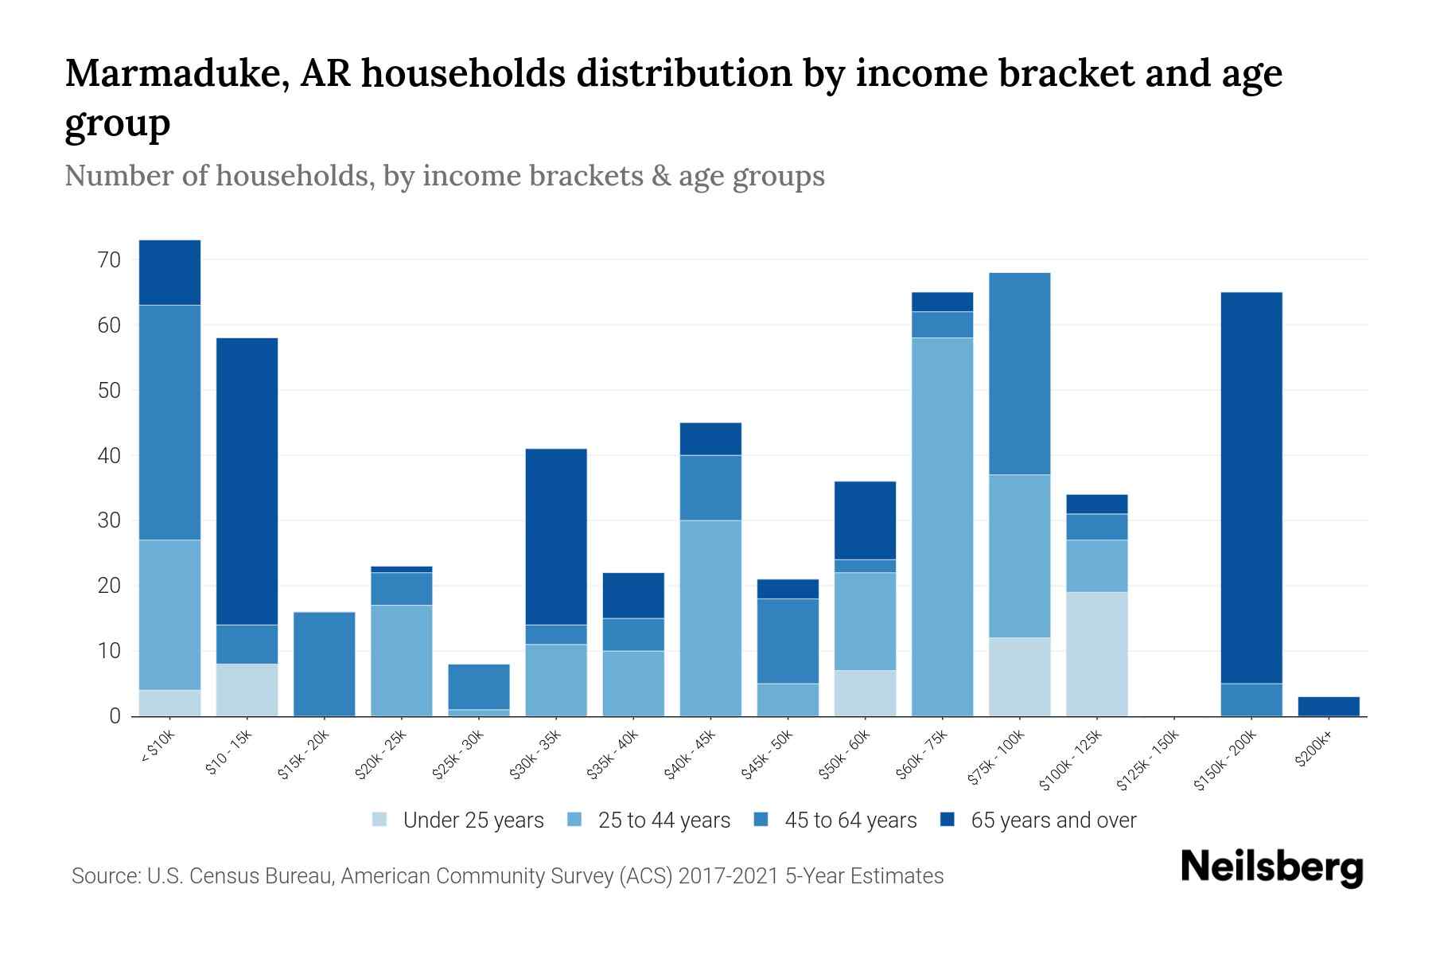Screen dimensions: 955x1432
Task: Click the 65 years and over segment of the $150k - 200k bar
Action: (x=1251, y=487)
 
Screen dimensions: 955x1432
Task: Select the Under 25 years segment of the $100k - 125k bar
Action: (x=1097, y=653)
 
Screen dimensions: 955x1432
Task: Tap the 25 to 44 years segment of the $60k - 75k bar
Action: (x=942, y=526)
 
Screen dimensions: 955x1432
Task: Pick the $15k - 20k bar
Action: (x=324, y=664)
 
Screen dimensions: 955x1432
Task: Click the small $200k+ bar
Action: (x=1329, y=706)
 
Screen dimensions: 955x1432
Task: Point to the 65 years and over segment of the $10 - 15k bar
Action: (x=247, y=481)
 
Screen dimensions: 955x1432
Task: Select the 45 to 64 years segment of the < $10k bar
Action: (x=169, y=422)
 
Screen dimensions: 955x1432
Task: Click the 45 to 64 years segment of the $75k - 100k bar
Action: (x=1019, y=373)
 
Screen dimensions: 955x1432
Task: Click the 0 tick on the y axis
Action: (x=115, y=716)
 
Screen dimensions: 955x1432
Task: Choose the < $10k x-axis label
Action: (x=158, y=748)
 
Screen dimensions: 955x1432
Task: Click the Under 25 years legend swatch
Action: (x=380, y=820)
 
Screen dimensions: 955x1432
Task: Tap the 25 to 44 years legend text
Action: (x=663, y=821)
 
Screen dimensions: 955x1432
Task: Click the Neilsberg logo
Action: (x=1271, y=867)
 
